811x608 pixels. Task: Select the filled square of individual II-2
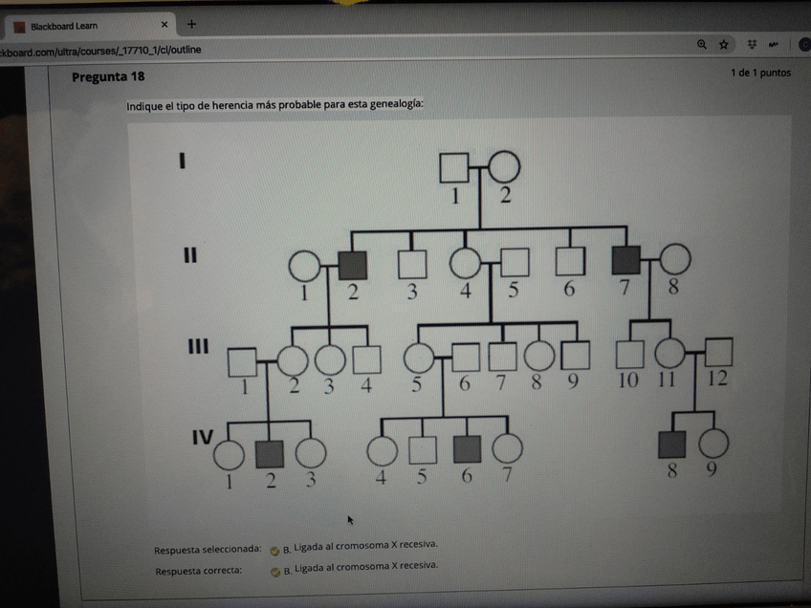353,265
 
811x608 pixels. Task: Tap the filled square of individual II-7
625,260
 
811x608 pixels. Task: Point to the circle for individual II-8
675,260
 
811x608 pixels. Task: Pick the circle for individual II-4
466,262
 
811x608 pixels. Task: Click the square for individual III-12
718,353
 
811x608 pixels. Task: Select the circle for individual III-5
419,358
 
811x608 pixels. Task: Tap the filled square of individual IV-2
270,453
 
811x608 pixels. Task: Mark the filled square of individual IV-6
467,449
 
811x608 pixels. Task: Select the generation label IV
202,438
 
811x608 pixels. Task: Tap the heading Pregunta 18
108,76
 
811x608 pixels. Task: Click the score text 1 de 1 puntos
760,73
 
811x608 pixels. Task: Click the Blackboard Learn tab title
64,26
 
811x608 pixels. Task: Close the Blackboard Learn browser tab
164,24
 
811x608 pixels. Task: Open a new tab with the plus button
191,24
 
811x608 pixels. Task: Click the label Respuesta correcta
198,571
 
